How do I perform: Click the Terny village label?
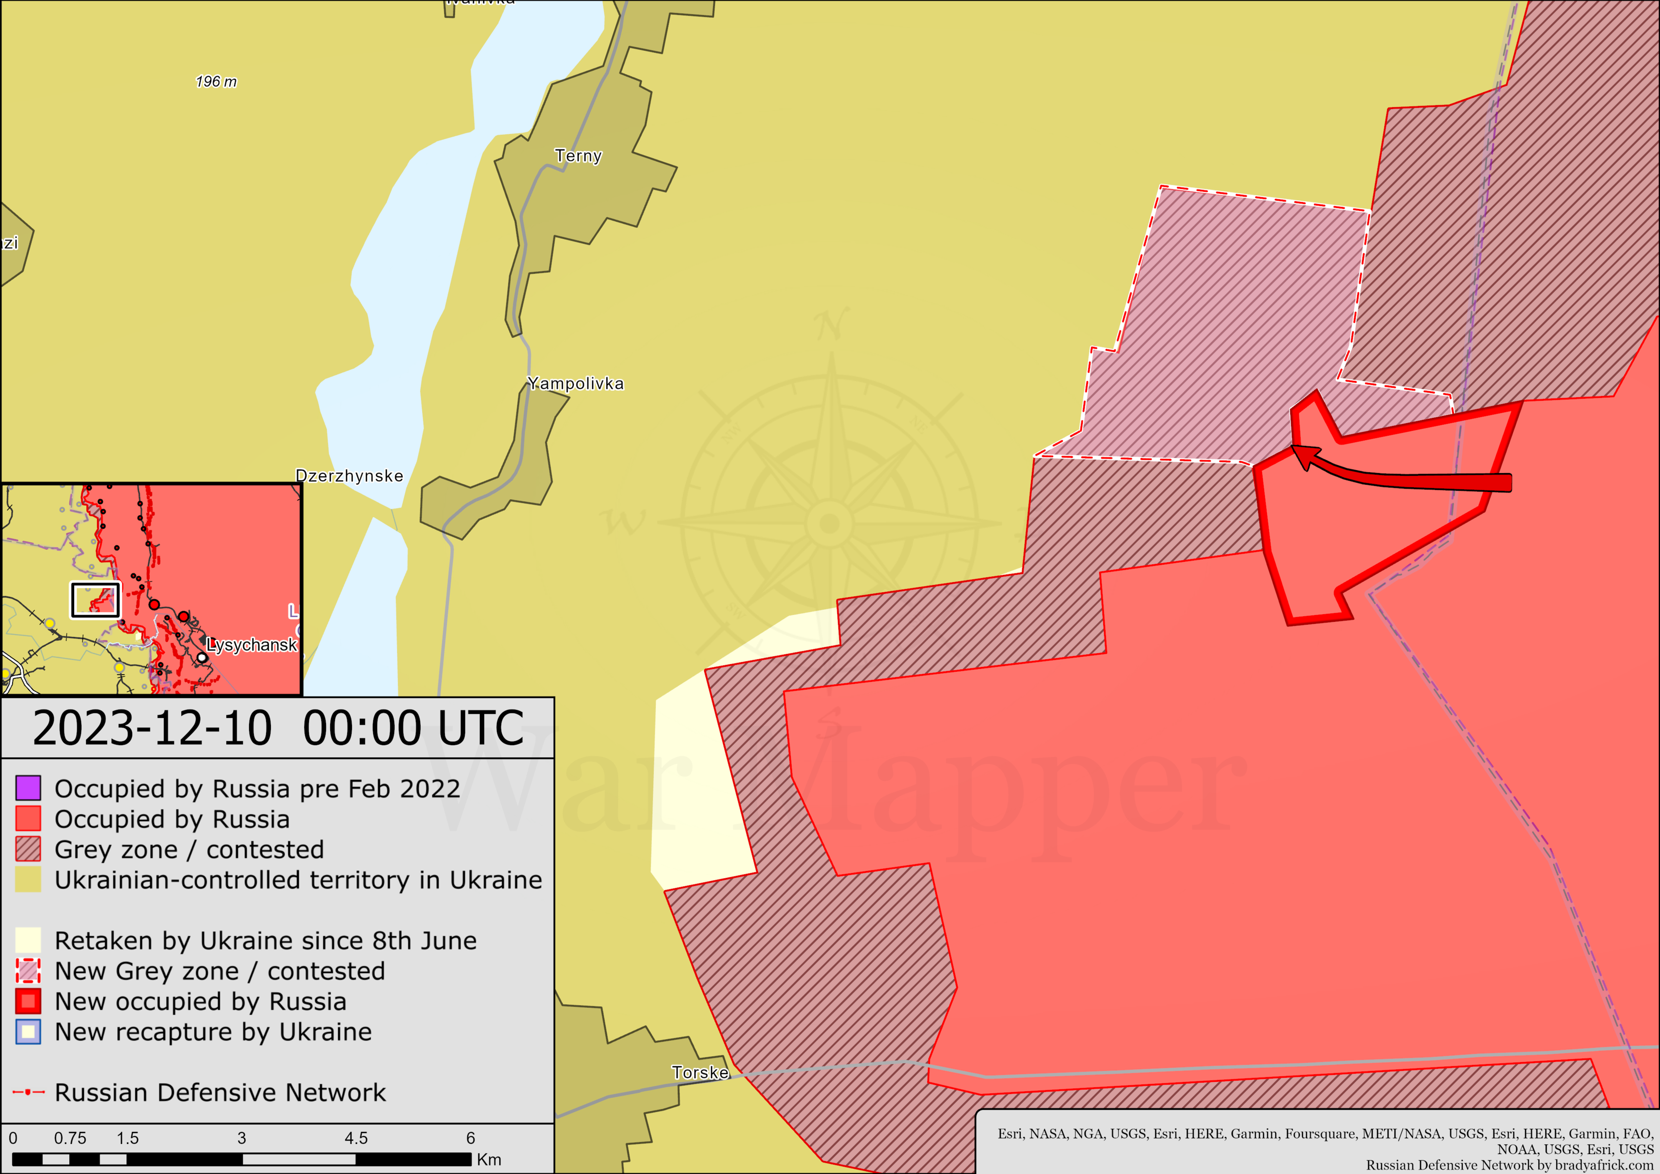point(578,156)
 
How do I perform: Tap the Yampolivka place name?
point(575,384)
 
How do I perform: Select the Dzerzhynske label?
point(349,476)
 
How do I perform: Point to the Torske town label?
point(700,1073)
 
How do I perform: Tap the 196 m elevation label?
point(216,82)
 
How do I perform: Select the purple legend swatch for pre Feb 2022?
point(28,788)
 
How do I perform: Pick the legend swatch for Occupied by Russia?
point(28,818)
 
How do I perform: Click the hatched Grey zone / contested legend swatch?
point(28,849)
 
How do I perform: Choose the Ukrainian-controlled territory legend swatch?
point(28,879)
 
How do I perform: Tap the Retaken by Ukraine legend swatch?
point(28,940)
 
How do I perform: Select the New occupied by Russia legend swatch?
point(28,1001)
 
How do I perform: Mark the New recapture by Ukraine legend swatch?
point(28,1031)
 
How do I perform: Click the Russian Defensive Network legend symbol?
point(28,1092)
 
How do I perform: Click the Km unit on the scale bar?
point(489,1159)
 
